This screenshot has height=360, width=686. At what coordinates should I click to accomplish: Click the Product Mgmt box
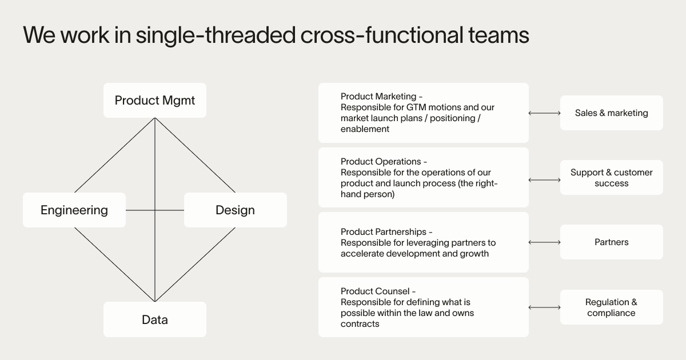154,101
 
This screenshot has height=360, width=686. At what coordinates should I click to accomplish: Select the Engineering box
74,210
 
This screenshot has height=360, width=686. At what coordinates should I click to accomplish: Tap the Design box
235,210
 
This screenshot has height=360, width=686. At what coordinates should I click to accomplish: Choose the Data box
154,319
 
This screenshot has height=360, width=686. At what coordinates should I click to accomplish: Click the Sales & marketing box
611,113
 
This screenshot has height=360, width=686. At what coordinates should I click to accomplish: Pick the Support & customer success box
611,178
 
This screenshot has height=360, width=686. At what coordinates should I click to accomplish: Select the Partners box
611,242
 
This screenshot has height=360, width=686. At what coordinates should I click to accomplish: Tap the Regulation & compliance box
611,307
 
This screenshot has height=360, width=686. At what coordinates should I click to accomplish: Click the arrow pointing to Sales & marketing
544,113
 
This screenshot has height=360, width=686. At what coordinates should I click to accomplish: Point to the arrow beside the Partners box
544,242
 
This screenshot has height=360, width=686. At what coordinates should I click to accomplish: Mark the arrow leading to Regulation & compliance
544,307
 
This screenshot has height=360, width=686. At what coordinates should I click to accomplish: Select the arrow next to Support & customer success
544,180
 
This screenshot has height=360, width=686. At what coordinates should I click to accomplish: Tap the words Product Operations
380,162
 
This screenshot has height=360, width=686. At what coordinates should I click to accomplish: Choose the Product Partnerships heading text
383,231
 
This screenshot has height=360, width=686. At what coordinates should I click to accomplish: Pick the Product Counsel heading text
374,291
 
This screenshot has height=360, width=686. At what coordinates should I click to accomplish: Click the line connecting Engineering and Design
141,210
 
